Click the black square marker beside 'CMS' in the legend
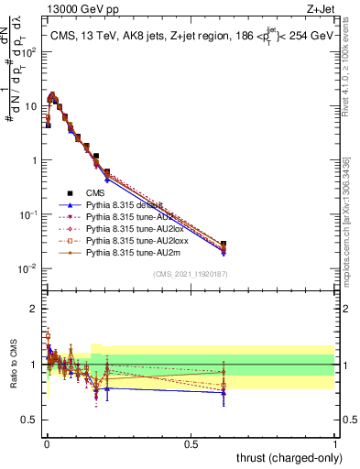coord(70,194)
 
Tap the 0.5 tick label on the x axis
coord(191,442)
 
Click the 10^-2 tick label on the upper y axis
coord(27,268)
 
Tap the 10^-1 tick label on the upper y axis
coord(27,214)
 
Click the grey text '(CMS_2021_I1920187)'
coord(190,274)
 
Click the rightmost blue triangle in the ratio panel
coord(224,392)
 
